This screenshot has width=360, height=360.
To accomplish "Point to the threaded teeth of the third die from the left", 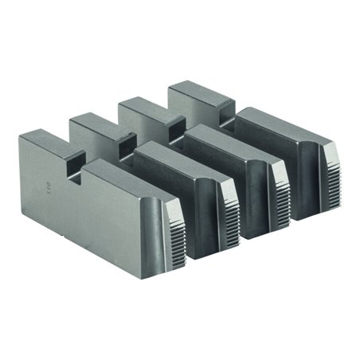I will tap(280, 186).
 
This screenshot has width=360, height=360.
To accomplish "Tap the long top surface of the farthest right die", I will tap(275, 117).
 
